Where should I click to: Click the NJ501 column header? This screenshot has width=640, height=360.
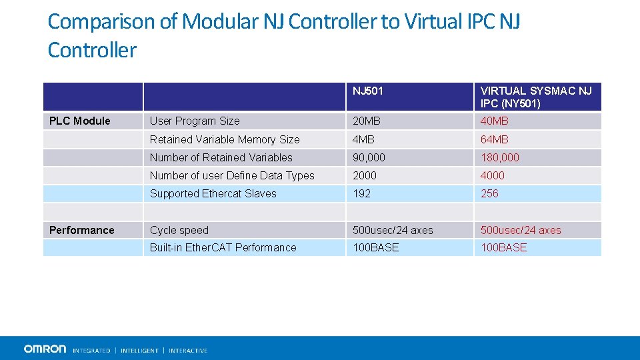pos(368,91)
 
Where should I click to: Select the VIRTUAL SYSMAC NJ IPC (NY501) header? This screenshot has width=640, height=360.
pos(536,97)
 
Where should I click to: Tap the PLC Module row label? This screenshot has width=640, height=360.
pos(80,121)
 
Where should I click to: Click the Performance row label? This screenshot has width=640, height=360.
pos(82,230)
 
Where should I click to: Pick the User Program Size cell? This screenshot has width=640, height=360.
pos(195,121)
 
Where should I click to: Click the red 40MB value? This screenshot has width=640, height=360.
pos(495,121)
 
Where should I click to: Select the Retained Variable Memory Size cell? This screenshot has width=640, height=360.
pos(225,139)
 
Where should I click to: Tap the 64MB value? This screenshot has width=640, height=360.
pos(495,139)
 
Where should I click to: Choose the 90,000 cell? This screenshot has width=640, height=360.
pos(369,157)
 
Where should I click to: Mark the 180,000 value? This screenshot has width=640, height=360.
pos(500,157)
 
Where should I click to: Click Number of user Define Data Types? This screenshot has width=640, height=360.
pos(232,175)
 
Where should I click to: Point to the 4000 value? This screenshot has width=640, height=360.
pos(493,175)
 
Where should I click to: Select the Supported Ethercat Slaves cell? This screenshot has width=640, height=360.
pos(213,193)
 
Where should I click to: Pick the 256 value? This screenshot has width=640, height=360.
pos(489,193)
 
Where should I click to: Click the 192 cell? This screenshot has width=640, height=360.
pos(361,193)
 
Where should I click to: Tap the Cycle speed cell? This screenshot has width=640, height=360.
pos(179,230)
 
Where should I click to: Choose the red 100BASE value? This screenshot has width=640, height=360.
pos(504,247)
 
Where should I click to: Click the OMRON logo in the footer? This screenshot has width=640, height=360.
pos(45,349)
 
